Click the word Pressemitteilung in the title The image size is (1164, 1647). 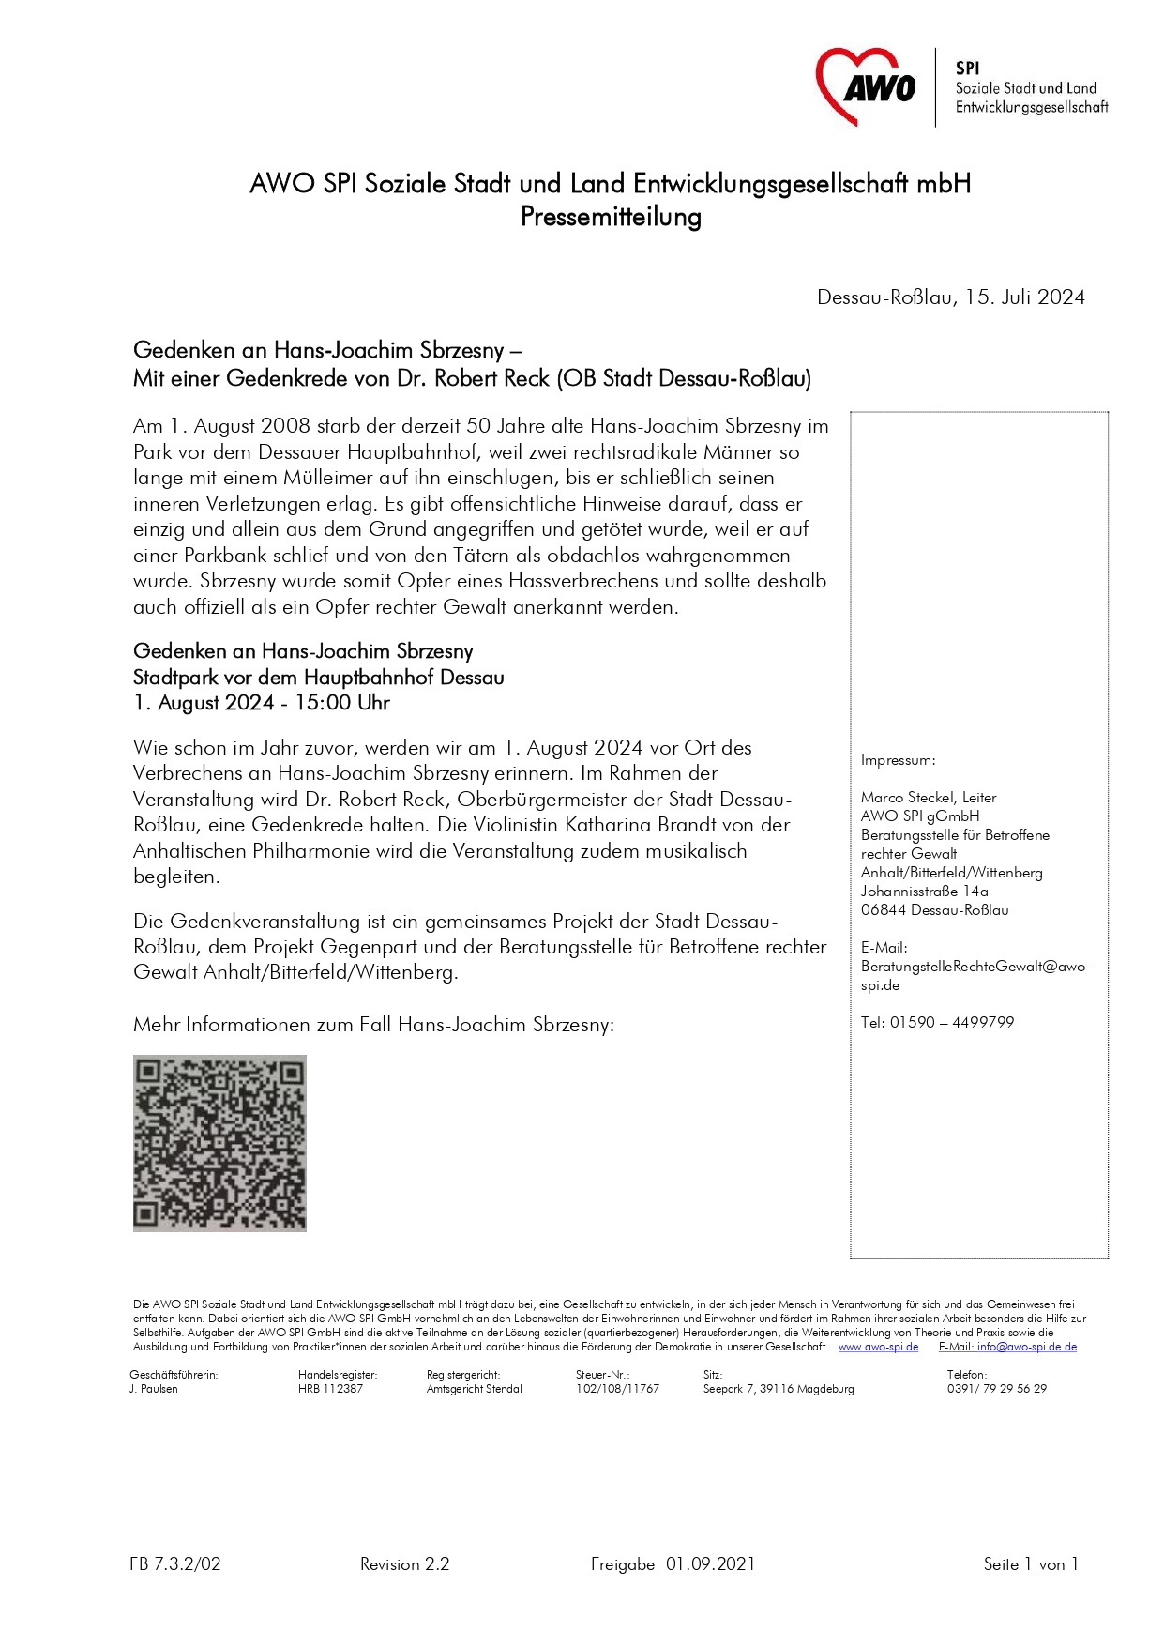pyautogui.click(x=611, y=217)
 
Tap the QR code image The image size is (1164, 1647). pyautogui.click(x=219, y=1142)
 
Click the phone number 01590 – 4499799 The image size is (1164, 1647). pyautogui.click(x=951, y=1022)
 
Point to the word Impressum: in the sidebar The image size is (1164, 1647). pyautogui.click(x=898, y=760)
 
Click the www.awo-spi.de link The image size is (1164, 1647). pyautogui.click(x=878, y=1347)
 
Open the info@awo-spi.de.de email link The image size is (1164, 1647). pyautogui.click(x=1026, y=1347)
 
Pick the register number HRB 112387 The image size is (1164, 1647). pyautogui.click(x=330, y=1389)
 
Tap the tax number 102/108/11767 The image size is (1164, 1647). pyautogui.click(x=617, y=1389)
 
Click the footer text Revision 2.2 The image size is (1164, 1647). pyautogui.click(x=404, y=1564)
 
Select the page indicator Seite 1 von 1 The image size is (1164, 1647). pyautogui.click(x=1030, y=1564)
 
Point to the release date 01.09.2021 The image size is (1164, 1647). pyautogui.click(x=710, y=1564)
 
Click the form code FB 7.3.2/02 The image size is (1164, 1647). pyautogui.click(x=175, y=1564)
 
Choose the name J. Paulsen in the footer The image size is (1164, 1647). pyautogui.click(x=154, y=1389)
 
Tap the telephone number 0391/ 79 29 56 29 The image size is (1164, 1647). pyautogui.click(x=996, y=1389)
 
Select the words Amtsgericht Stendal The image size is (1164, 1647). pyautogui.click(x=474, y=1389)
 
